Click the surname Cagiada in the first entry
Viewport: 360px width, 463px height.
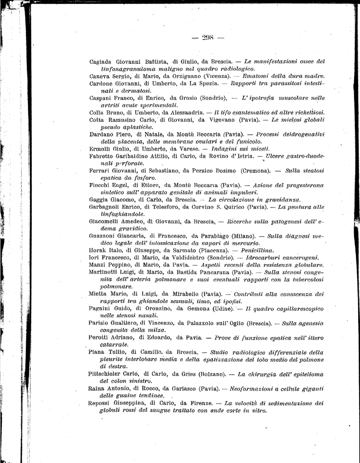pyautogui.click(x=102, y=61)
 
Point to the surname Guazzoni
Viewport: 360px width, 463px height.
pyautogui.click(x=105, y=236)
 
